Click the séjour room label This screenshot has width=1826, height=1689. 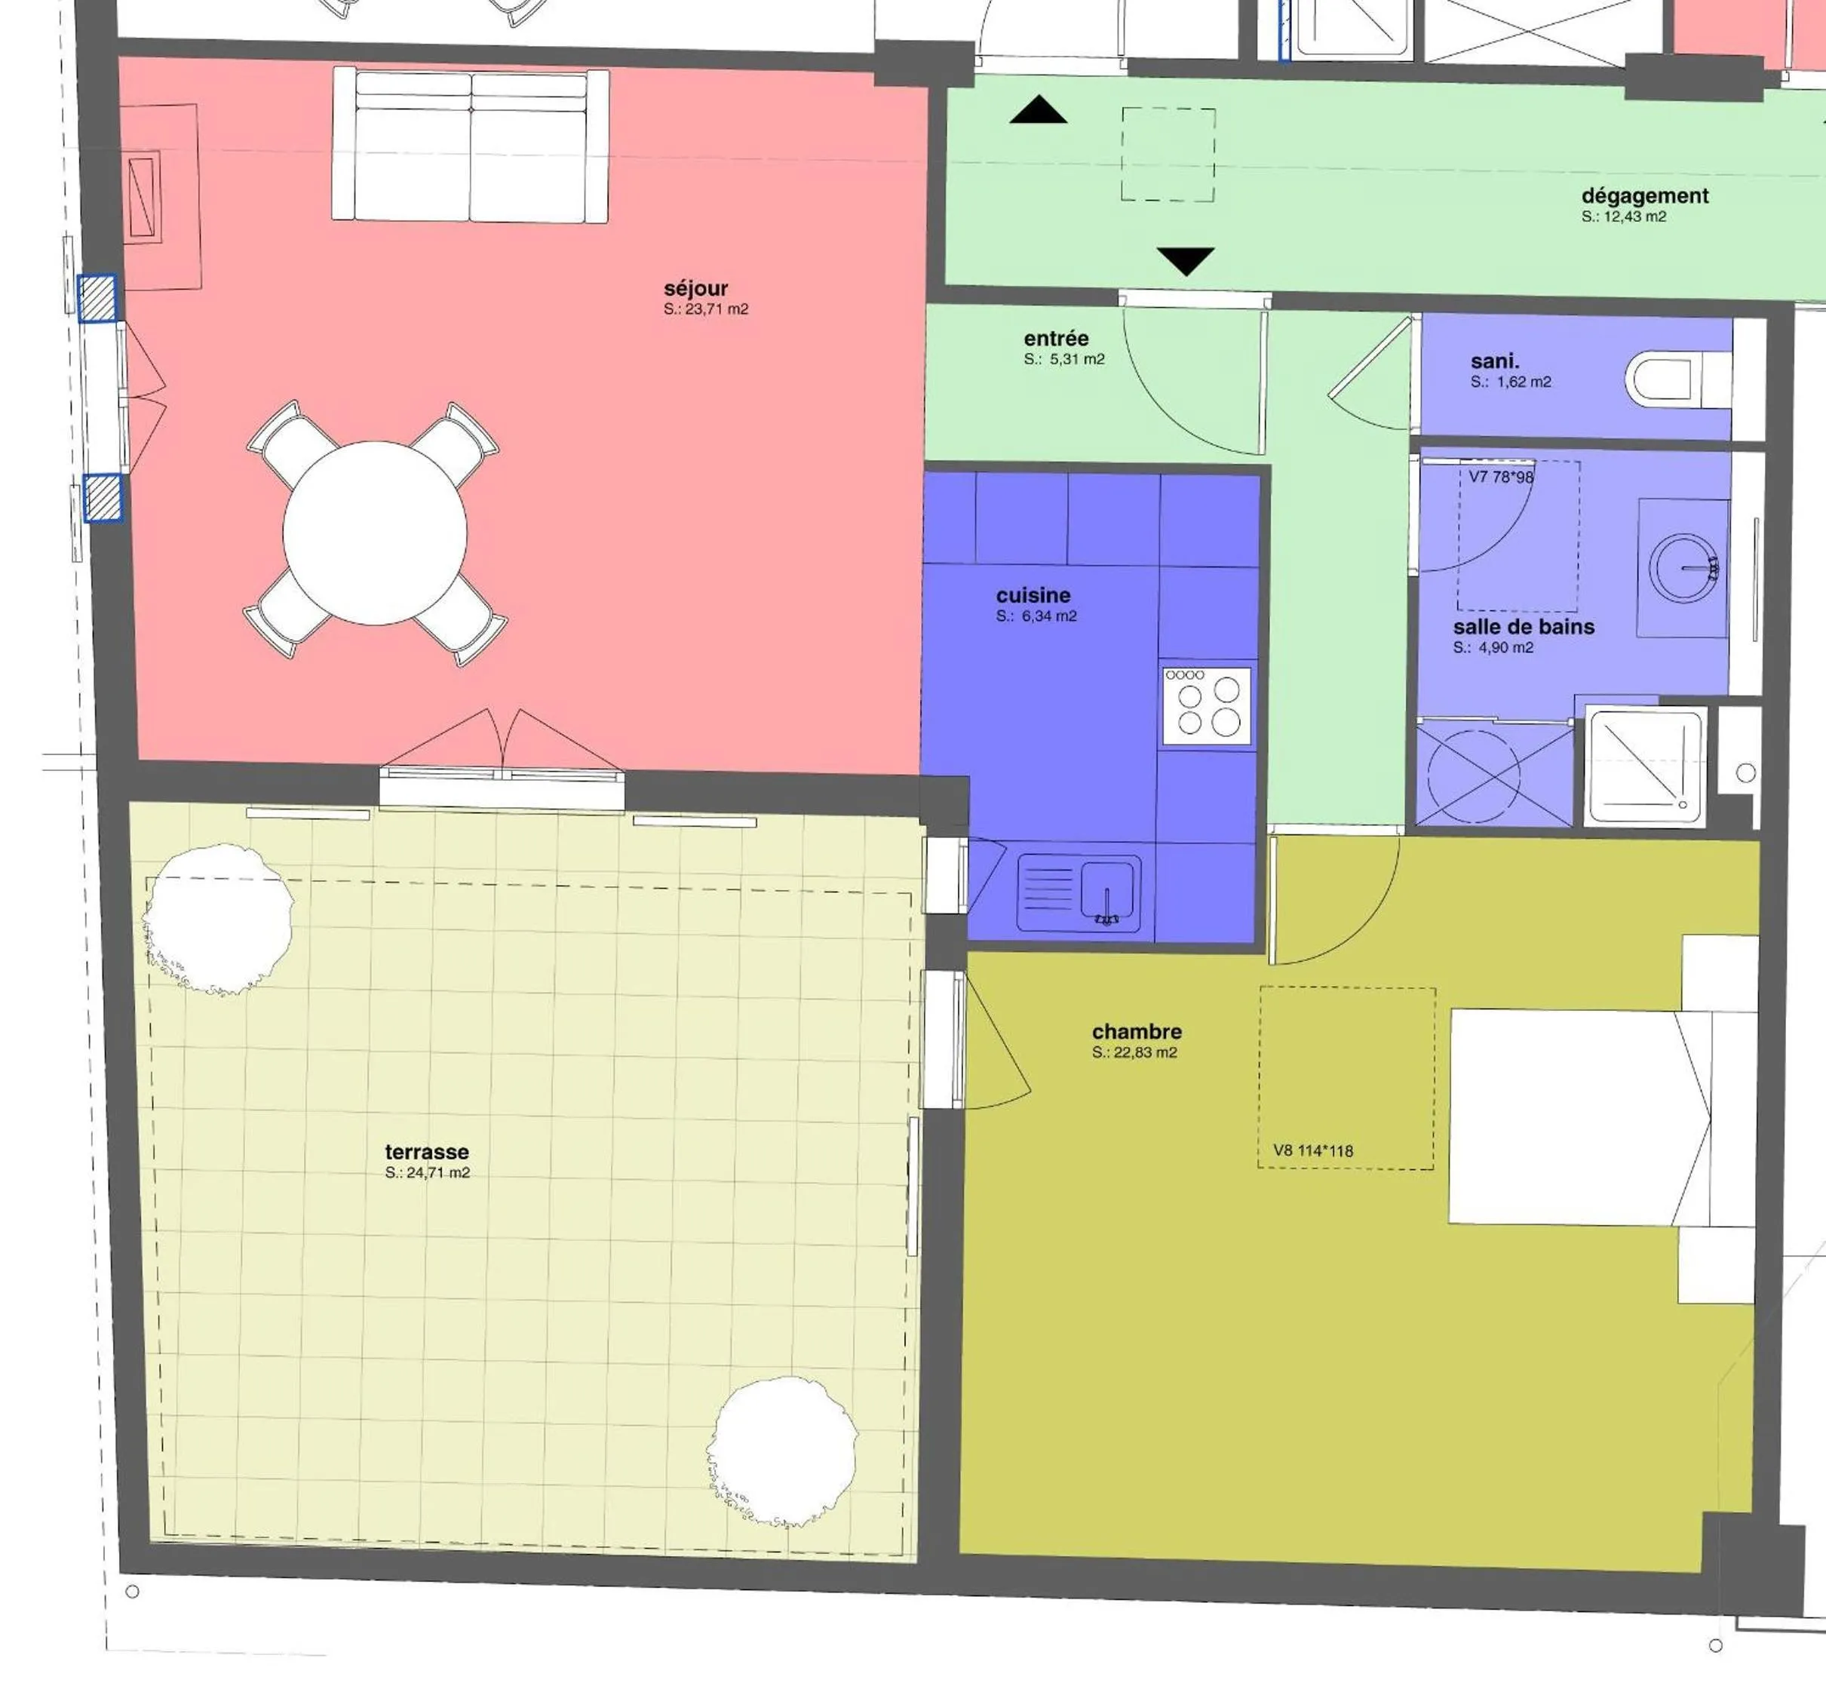(695, 289)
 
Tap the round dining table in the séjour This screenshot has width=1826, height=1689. (375, 534)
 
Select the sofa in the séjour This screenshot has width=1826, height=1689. (470, 146)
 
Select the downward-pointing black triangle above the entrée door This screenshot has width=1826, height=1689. (1186, 259)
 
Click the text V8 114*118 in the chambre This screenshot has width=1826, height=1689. (1312, 1150)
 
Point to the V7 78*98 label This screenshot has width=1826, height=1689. (1501, 477)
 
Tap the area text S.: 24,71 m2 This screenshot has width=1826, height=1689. (427, 1172)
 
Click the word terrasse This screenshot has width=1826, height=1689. (426, 1152)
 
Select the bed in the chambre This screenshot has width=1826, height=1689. (1590, 1117)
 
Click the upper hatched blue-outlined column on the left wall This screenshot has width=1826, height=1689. (97, 298)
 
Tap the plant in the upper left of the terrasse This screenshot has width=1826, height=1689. (219, 920)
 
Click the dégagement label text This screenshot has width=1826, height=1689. (1644, 195)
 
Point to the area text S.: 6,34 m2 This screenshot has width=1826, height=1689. (1036, 616)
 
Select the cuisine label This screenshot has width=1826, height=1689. (1033, 595)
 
